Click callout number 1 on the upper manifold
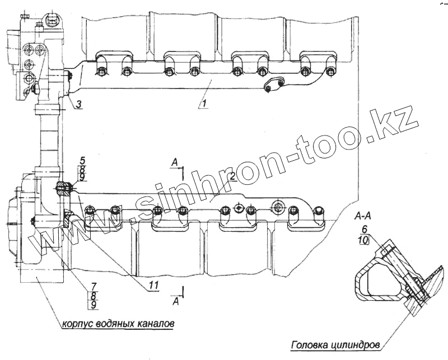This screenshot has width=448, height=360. (205, 103)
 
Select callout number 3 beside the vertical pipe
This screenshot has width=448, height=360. (78, 104)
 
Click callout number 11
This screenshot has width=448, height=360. (154, 285)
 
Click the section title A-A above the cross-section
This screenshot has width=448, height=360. (365, 215)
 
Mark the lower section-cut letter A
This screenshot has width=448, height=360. (176, 301)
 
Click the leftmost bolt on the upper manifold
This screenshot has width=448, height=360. (100, 72)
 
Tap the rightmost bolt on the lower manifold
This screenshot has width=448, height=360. (319, 212)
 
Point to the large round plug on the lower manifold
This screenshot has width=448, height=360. (278, 205)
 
